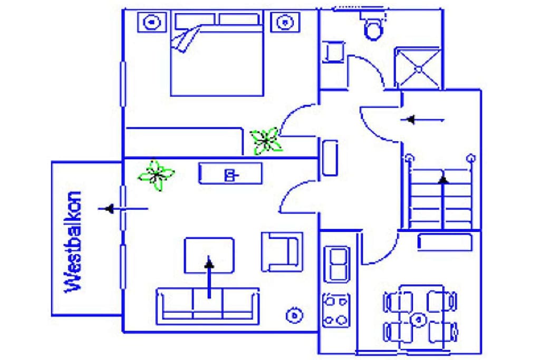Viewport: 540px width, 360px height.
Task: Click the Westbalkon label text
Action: point(73,242)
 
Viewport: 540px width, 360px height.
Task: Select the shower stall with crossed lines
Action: point(418,69)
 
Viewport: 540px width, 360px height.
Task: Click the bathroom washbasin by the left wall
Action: point(333,52)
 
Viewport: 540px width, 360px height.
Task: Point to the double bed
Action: point(217,54)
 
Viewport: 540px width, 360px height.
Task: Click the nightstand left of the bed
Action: point(151,22)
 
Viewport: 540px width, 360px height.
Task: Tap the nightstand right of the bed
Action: point(285,22)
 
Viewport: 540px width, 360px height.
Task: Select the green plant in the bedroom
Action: point(266,140)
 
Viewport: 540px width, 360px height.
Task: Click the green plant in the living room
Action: point(156,175)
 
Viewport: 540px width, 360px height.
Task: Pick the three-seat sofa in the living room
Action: point(208,306)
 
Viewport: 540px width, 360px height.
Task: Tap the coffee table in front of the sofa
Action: point(209,255)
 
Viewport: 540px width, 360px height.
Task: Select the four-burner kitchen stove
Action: point(336,310)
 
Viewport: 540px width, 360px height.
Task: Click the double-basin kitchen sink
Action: point(337,264)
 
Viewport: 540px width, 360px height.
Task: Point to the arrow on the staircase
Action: point(443,202)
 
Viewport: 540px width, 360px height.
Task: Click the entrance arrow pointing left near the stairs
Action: point(422,120)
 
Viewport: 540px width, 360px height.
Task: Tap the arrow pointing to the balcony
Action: point(123,209)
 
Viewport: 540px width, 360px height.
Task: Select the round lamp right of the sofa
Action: point(294,315)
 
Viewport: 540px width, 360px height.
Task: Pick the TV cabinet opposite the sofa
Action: point(230,173)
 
